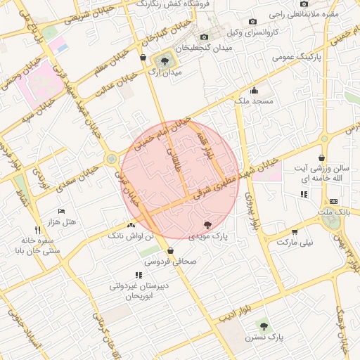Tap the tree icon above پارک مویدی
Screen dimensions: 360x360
click(x=207, y=225)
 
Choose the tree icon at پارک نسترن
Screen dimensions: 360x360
click(x=264, y=326)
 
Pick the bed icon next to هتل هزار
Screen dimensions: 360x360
click(x=61, y=211)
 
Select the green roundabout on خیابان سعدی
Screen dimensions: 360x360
click(x=112, y=159)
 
